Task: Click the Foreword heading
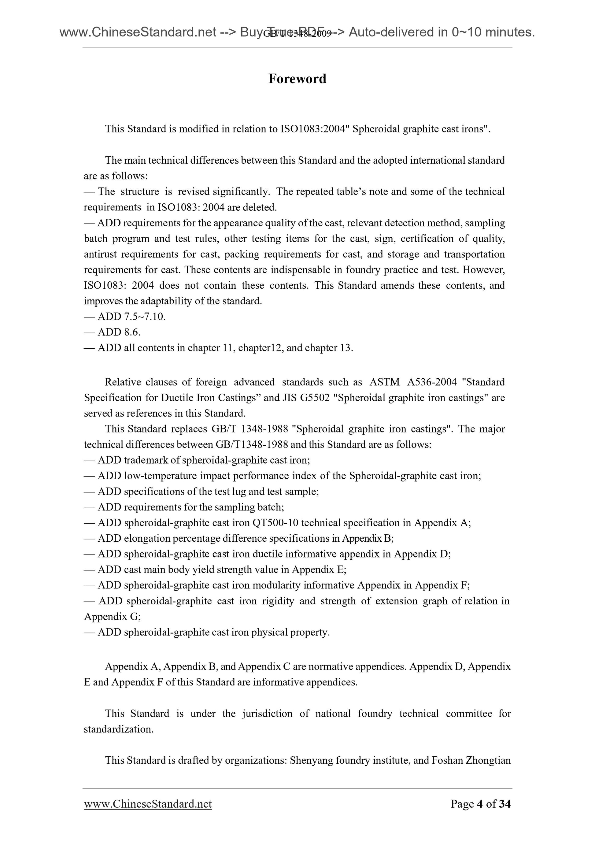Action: pyautogui.click(x=297, y=79)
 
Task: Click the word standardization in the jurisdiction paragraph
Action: pyautogui.click(x=118, y=729)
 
